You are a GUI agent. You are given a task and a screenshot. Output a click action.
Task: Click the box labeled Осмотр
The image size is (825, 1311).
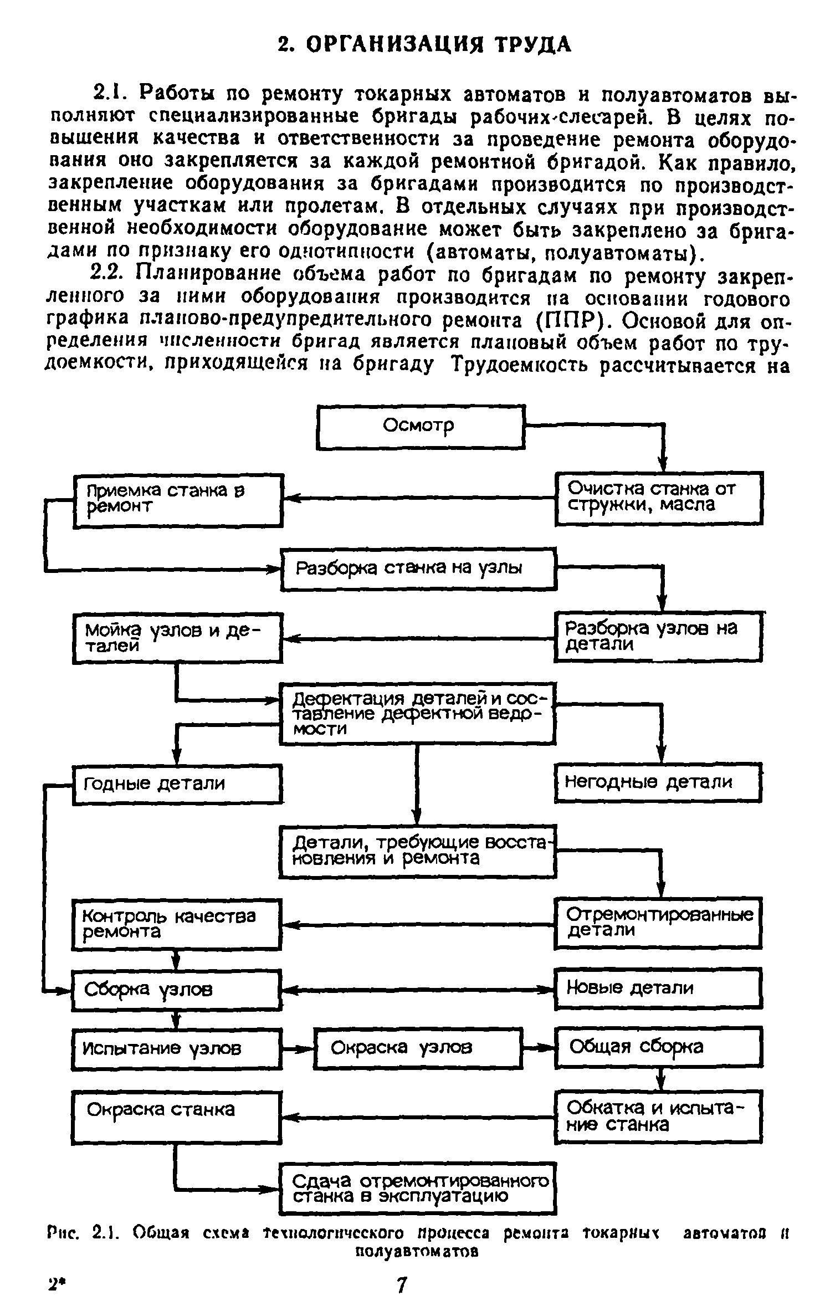[420, 426]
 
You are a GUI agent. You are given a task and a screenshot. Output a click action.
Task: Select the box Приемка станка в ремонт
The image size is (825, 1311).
[178, 500]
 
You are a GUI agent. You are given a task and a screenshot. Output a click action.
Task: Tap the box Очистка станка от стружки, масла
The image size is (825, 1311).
[658, 498]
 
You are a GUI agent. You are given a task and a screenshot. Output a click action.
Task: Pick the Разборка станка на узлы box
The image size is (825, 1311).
[419, 569]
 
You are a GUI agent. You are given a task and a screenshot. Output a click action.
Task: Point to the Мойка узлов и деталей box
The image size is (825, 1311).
[177, 638]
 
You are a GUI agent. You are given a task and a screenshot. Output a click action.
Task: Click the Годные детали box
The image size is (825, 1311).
[177, 783]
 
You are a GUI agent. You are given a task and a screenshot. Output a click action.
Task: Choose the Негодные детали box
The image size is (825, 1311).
[658, 782]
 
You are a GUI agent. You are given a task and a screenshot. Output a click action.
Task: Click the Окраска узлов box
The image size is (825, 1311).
[418, 1048]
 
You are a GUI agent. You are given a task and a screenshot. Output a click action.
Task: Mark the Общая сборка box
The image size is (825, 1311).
[658, 1047]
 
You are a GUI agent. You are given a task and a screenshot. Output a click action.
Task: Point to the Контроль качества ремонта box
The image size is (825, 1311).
[176, 923]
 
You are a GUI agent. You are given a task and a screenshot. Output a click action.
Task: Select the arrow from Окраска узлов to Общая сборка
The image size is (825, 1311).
[539, 1048]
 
